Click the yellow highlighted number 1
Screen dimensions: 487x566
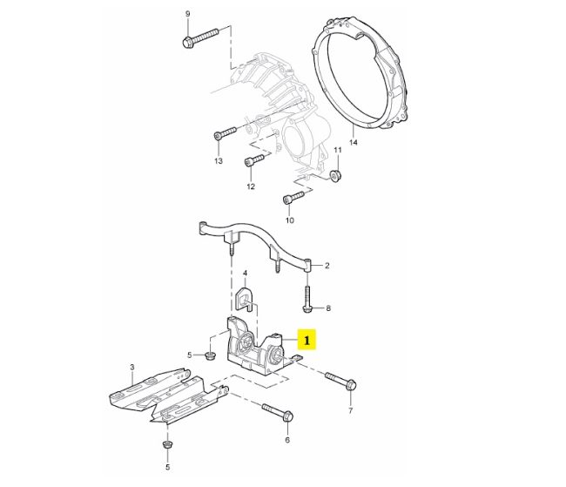click(x=307, y=337)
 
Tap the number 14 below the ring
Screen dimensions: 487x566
click(x=353, y=141)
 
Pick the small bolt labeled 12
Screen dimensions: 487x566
click(x=253, y=161)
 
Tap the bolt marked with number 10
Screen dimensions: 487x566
click(x=293, y=198)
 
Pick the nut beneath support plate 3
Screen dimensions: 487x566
click(x=165, y=446)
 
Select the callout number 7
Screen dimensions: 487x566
click(x=351, y=409)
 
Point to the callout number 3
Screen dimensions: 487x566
click(x=131, y=367)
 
